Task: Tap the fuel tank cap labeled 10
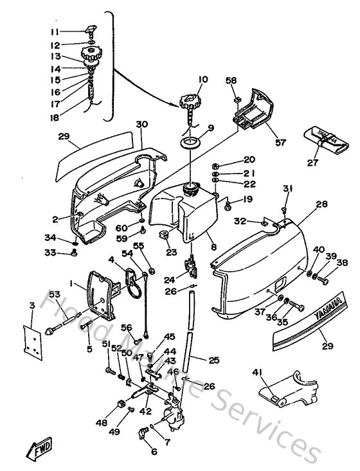pyautogui.click(x=191, y=103)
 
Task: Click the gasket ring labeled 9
pyautogui.click(x=191, y=141)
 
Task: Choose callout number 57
pyautogui.click(x=280, y=143)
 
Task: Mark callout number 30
pyautogui.click(x=141, y=124)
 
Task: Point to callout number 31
pyautogui.click(x=287, y=188)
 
